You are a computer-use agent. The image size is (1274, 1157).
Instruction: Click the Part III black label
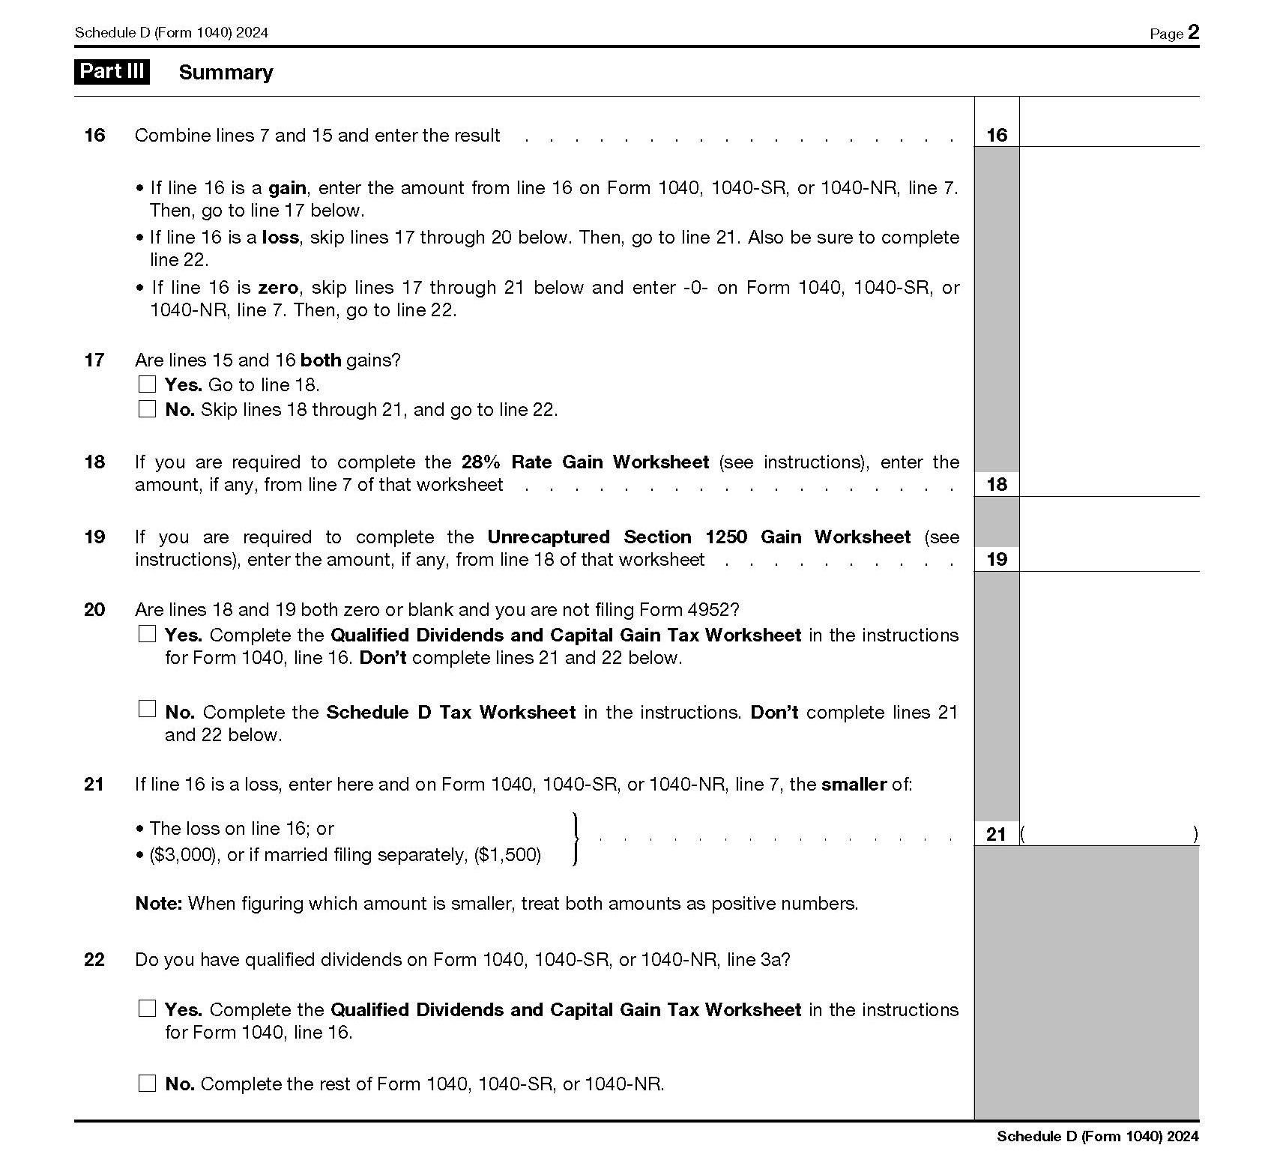pos(112,72)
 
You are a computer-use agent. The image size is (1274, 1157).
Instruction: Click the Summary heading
pos(226,73)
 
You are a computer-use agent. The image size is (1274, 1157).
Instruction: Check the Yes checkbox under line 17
pos(148,384)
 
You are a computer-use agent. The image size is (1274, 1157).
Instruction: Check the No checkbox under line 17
pos(148,409)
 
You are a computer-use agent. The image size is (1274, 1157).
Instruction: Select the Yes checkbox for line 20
pos(148,635)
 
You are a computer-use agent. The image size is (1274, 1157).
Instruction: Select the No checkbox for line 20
pos(148,709)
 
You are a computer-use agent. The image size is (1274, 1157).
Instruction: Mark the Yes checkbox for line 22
pos(148,1009)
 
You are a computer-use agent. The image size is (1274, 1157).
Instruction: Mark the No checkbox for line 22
pos(148,1084)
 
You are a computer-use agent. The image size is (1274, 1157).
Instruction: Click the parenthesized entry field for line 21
pos(1109,834)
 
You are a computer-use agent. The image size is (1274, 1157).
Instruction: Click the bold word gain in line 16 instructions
pos(287,188)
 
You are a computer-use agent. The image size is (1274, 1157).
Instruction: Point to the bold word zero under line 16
pos(278,288)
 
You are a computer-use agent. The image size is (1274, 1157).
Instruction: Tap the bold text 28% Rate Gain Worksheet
pos(585,462)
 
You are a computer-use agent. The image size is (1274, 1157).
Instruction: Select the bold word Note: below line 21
pos(159,904)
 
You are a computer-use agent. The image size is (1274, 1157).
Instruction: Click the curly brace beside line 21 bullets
pos(575,839)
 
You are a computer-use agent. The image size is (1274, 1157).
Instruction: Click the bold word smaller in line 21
pos(854,785)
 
